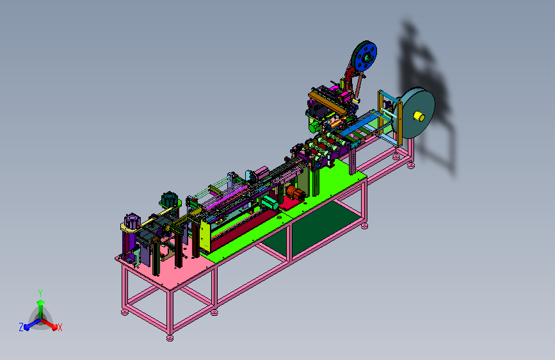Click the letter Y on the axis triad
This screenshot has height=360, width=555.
click(40, 293)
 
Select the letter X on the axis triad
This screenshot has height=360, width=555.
click(60, 327)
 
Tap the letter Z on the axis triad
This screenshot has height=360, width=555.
click(21, 327)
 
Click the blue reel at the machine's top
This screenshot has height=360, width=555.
click(365, 58)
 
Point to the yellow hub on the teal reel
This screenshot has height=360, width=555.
click(419, 116)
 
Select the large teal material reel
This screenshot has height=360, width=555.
click(417, 113)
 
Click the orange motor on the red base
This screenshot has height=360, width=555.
click(296, 192)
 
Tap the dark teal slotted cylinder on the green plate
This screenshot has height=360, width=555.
click(169, 199)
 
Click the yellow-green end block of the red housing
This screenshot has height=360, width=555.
click(205, 236)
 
